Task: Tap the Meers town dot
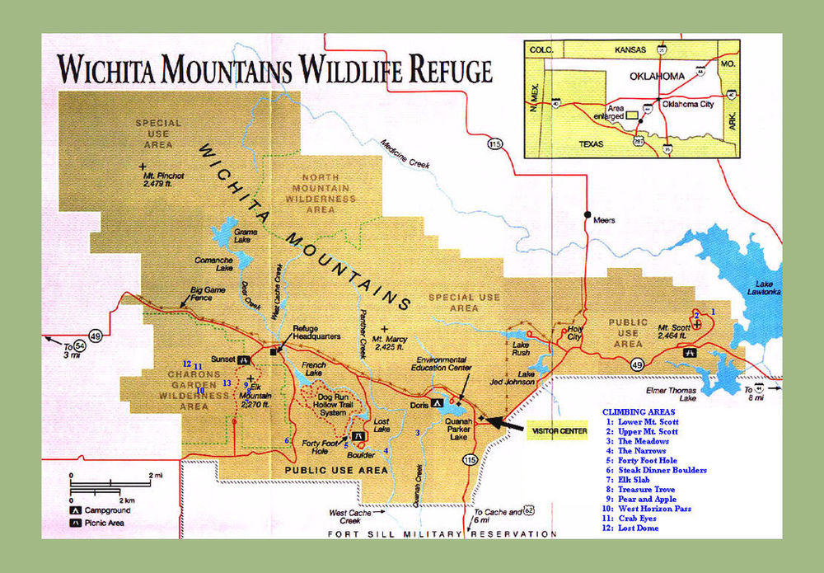[587, 215]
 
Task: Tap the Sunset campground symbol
[245, 360]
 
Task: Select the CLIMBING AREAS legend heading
[639, 411]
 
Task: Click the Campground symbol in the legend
[74, 511]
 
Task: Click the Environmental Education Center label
[447, 364]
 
